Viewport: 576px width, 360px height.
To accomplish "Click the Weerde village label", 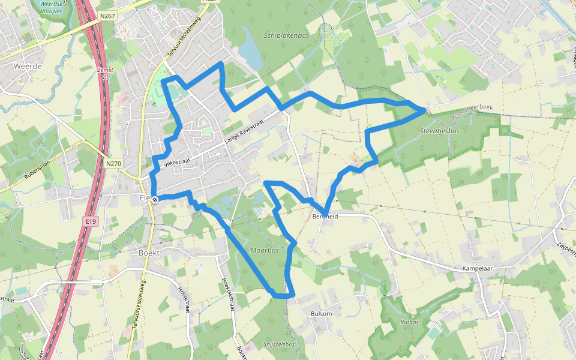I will click(28, 66).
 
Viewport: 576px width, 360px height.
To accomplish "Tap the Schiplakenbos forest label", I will click(286, 35).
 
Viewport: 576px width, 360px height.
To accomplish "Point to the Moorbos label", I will click(265, 250).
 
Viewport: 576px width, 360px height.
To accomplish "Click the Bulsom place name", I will click(321, 314).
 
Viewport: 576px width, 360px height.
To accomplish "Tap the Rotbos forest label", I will click(409, 322).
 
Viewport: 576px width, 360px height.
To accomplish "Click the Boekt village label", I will click(148, 253).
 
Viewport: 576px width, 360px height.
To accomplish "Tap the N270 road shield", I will click(113, 163).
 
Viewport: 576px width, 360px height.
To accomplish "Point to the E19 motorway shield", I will click(90, 222).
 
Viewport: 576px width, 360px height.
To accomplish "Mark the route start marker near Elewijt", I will click(155, 199).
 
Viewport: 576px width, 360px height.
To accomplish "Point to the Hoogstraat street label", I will click(183, 299).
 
